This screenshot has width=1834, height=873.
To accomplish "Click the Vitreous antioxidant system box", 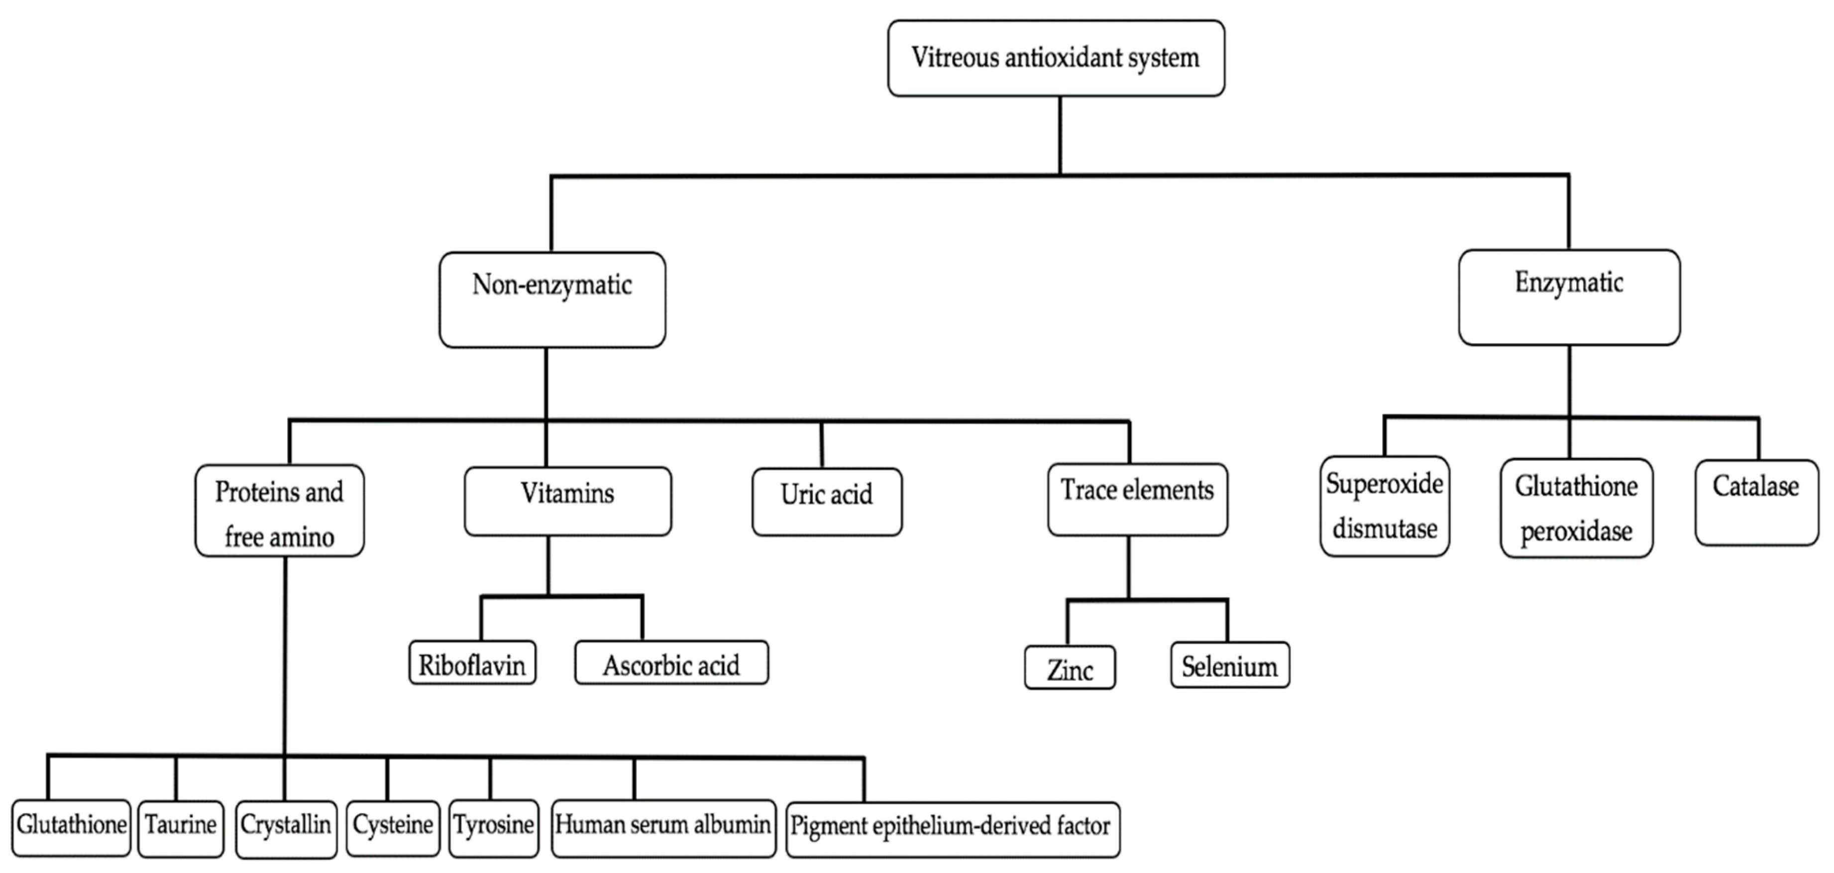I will (x=1056, y=58).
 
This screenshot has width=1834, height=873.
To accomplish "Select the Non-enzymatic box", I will (x=552, y=300).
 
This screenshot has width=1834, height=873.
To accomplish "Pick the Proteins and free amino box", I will (x=279, y=511).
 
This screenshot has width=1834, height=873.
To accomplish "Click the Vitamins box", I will (x=567, y=501).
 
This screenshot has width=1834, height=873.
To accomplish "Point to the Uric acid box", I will (x=827, y=501).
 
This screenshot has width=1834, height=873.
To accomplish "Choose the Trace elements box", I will (x=1137, y=499).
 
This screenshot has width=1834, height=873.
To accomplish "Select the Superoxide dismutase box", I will (x=1384, y=506).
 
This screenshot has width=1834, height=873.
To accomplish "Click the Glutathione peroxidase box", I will (x=1576, y=508).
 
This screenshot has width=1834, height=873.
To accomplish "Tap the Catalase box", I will (x=1756, y=503).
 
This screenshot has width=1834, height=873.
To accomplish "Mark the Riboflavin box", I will (x=472, y=663).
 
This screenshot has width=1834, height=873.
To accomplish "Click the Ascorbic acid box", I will (x=671, y=663).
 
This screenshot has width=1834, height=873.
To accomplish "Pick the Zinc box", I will (x=1070, y=667).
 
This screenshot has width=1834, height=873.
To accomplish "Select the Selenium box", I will (x=1229, y=665).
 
